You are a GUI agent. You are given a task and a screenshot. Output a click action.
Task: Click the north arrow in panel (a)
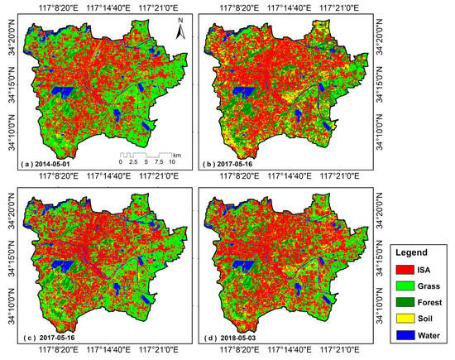click(177, 31)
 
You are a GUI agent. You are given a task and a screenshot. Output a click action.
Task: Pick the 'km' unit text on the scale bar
click(177, 154)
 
